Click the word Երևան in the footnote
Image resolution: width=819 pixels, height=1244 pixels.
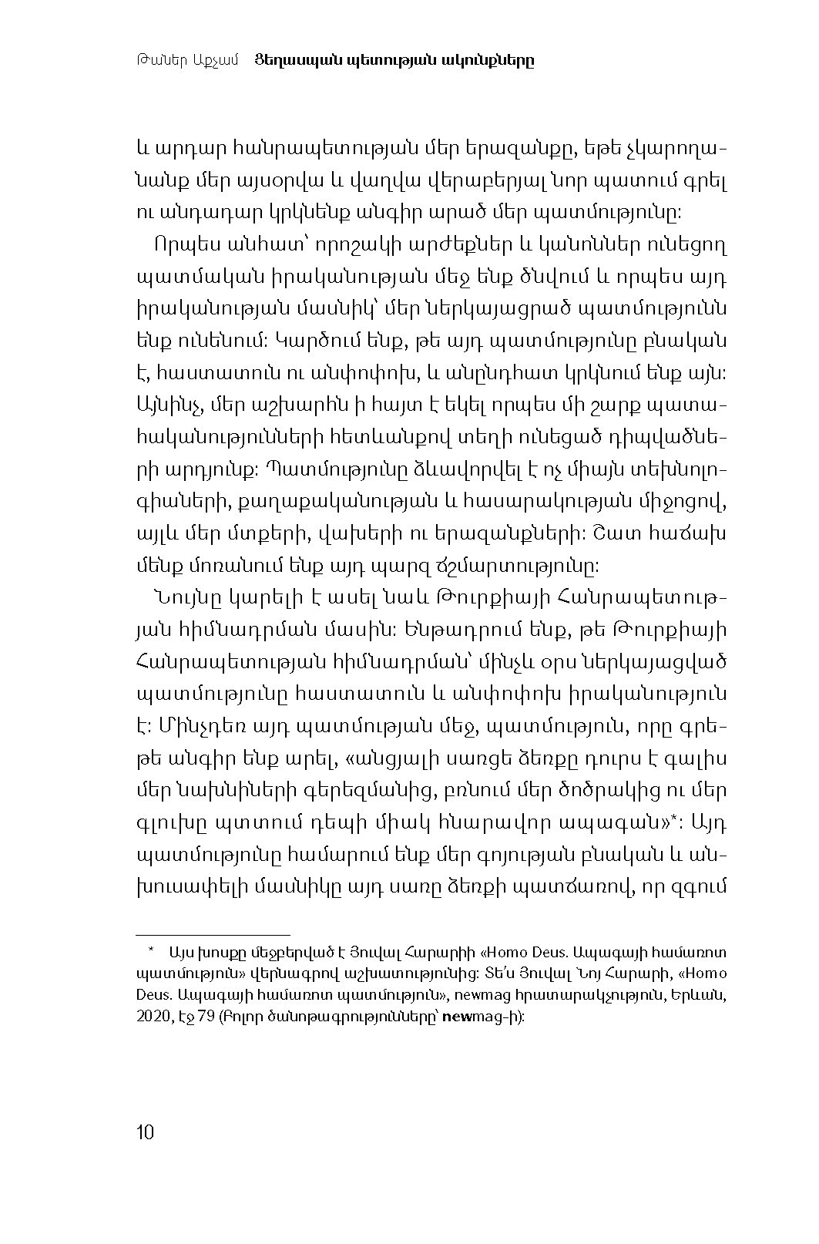707,995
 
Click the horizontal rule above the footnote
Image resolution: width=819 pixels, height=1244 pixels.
213,933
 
